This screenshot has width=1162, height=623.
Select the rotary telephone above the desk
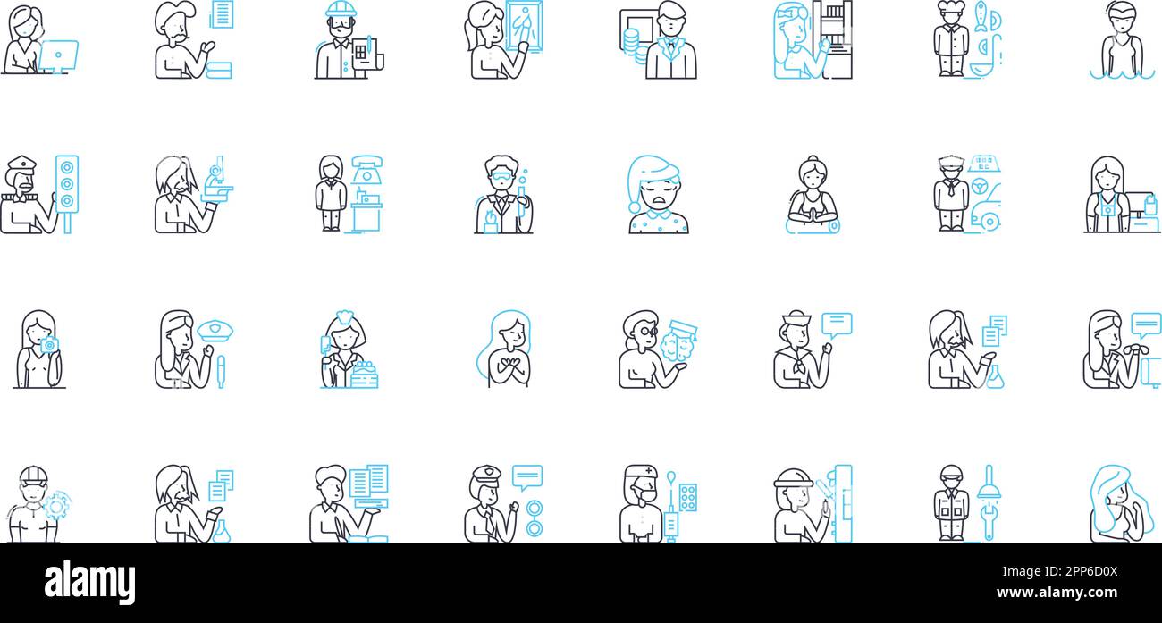click(x=366, y=167)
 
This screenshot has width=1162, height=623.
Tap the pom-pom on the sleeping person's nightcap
click(x=635, y=206)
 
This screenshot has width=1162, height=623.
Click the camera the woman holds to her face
click(x=49, y=345)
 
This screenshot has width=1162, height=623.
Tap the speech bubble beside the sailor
click(x=837, y=324)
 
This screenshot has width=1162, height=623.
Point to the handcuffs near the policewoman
click(x=534, y=519)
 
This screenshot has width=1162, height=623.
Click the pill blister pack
click(x=687, y=498)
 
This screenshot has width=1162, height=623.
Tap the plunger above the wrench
click(x=988, y=483)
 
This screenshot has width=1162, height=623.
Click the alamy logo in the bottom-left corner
click(x=89, y=583)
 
